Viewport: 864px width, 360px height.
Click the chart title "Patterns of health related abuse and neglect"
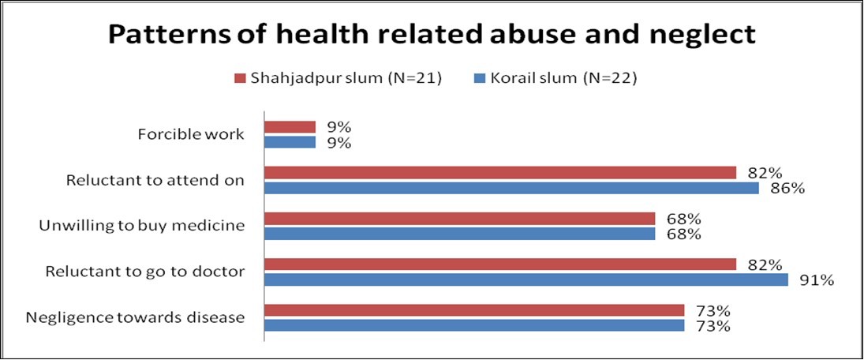coord(432,35)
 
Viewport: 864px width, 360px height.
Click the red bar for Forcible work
coord(290,126)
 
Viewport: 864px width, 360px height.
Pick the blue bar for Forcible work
coord(290,143)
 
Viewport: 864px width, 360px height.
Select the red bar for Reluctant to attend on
coord(499,172)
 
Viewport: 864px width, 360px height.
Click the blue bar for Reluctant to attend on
coord(511,188)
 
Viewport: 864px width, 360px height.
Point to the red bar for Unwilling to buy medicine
coord(459,218)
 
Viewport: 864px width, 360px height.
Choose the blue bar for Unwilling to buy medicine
coord(459,234)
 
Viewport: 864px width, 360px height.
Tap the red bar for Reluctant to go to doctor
coord(499,264)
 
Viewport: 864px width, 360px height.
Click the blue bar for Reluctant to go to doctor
coord(526,279)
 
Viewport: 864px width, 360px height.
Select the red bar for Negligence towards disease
coord(473,309)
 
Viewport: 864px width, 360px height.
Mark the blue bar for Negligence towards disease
coord(473,325)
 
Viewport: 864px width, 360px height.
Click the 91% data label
coord(817,280)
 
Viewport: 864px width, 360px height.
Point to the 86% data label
coord(788,189)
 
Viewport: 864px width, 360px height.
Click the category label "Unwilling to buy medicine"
coord(141,226)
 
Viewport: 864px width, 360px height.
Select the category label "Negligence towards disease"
coord(135,317)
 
